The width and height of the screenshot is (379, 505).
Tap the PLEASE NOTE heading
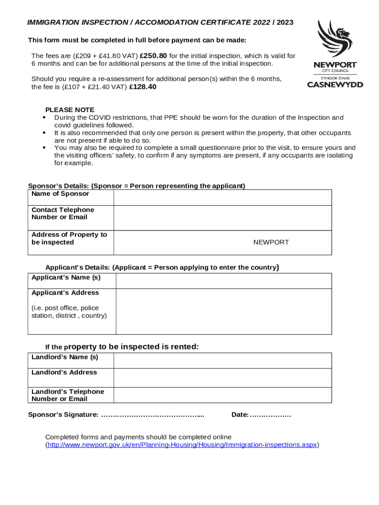[x=70, y=110]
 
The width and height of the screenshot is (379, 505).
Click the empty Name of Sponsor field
[x=222, y=197]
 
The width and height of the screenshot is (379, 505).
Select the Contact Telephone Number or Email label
[x=63, y=214]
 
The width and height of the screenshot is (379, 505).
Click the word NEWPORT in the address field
[x=271, y=242]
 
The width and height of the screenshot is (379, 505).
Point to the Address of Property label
[x=69, y=238]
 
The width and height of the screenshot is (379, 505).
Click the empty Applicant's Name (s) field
[x=223, y=281]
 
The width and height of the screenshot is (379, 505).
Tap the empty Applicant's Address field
[x=223, y=311]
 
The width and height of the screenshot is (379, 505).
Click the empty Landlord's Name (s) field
[x=222, y=361]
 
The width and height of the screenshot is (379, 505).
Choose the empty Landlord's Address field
[x=222, y=378]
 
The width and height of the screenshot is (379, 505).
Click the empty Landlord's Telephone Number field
[x=222, y=395]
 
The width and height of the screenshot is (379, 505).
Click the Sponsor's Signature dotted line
[x=153, y=415]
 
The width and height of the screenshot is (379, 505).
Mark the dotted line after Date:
[x=270, y=415]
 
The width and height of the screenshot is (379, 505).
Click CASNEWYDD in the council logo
[x=335, y=84]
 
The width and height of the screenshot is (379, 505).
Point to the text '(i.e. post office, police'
[x=65, y=308]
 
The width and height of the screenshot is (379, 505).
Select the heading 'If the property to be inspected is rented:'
[x=122, y=347]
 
